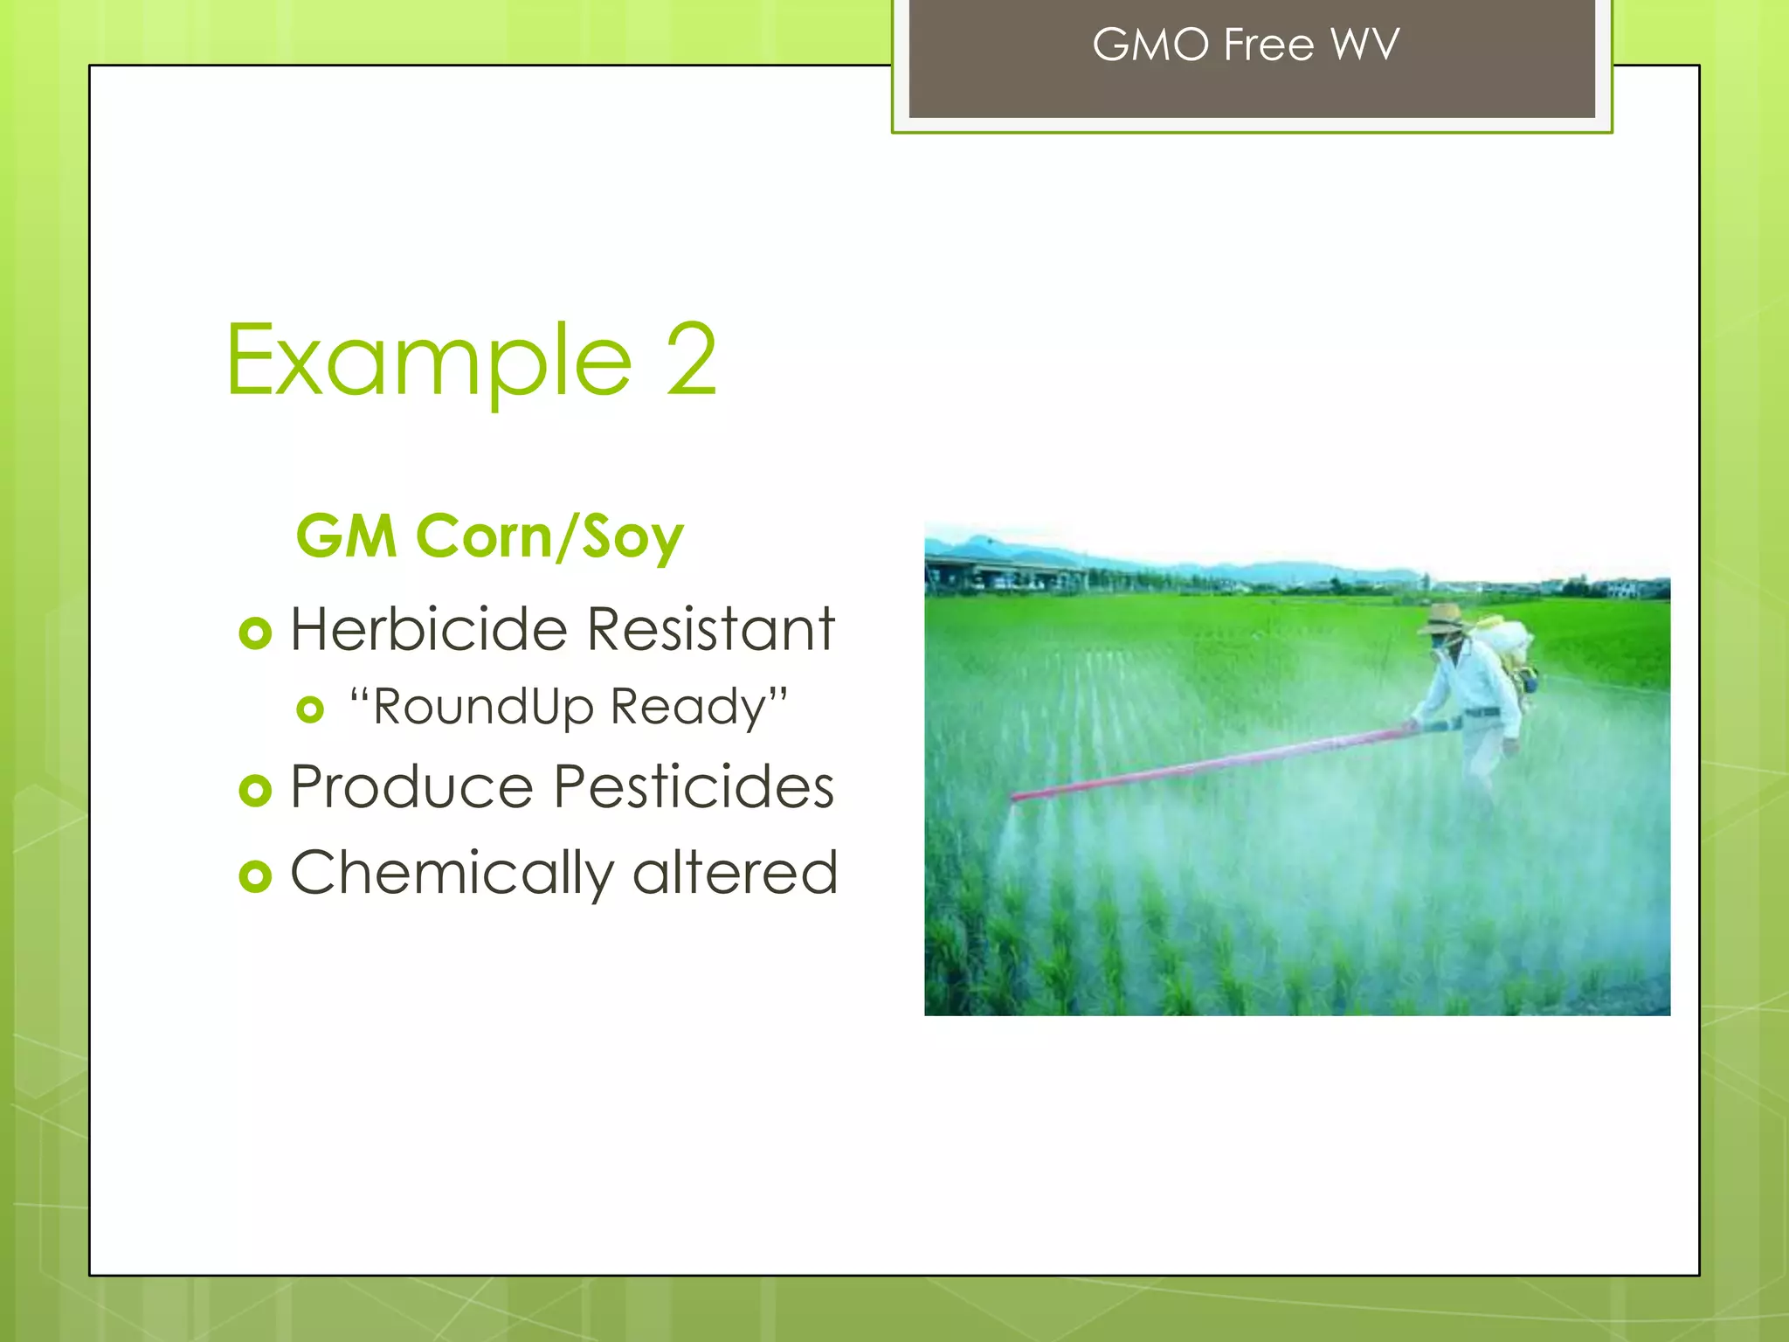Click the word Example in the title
[x=428, y=361]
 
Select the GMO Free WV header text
[x=1246, y=45]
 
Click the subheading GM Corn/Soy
[x=489, y=536]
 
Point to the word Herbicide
[x=428, y=629]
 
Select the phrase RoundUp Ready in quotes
[x=569, y=707]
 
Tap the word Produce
[x=411, y=787]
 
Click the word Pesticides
[x=694, y=787]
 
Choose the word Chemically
[x=452, y=873]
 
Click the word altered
[x=735, y=873]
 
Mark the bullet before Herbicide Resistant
[x=255, y=633]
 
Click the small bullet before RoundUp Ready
[x=310, y=709]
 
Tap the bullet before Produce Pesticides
[x=255, y=791]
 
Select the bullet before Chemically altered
[x=255, y=875]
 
